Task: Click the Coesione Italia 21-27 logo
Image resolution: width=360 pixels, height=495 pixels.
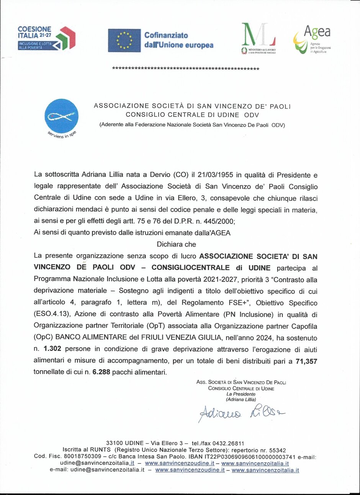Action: pos(46,38)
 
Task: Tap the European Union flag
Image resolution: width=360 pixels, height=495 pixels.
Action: pos(124,40)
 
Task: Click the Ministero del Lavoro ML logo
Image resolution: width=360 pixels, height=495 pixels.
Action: pos(259,38)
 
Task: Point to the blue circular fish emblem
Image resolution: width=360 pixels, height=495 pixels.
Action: pos(61,116)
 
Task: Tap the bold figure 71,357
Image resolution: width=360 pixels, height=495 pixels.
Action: pos(306,361)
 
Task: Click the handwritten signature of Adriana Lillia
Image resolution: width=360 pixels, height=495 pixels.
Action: pos(241,413)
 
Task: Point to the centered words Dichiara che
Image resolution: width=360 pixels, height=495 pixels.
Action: pos(176,244)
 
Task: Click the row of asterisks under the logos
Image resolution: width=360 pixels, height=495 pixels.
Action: pos(185,69)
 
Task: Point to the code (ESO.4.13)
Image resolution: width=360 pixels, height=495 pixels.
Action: pos(52,314)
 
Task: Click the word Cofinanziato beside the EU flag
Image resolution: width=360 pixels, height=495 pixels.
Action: pos(166,35)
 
